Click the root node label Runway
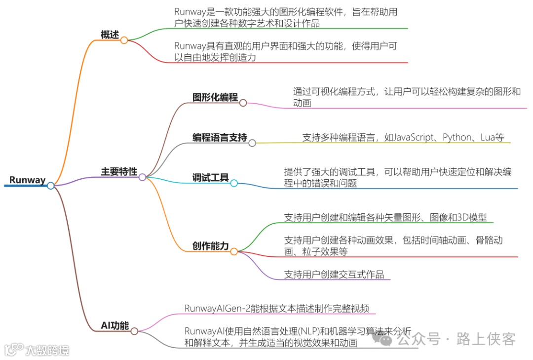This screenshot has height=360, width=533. (x=27, y=180)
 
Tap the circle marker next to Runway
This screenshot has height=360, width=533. (x=50, y=186)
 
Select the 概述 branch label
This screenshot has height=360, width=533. (x=110, y=35)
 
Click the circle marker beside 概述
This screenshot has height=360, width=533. (x=124, y=40)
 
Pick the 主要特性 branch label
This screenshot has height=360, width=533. (x=119, y=172)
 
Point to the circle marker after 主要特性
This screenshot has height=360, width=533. (x=142, y=177)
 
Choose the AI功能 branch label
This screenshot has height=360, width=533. (x=114, y=326)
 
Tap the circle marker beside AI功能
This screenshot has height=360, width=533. (x=134, y=331)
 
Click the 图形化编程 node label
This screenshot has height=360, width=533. (x=215, y=97)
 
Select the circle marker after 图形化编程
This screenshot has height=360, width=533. (x=243, y=103)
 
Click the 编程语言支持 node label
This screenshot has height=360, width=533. (x=220, y=138)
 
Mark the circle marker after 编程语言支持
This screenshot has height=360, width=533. (x=252, y=143)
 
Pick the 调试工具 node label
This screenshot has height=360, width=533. (x=211, y=178)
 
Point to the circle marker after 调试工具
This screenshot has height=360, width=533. (x=234, y=183)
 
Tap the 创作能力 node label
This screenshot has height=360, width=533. (x=211, y=246)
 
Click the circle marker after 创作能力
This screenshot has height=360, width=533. (x=234, y=251)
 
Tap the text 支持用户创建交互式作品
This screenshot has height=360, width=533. (x=334, y=275)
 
